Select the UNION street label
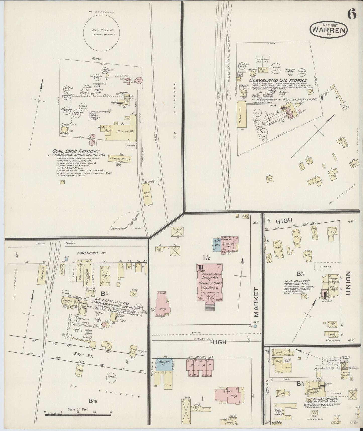point(348,284)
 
